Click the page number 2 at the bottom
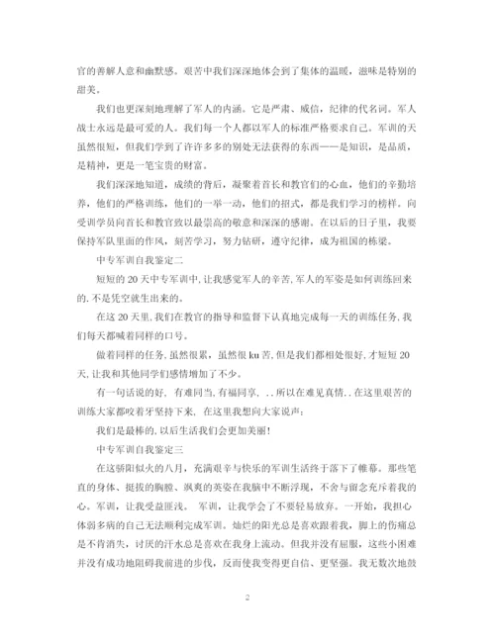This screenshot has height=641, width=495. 247,598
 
